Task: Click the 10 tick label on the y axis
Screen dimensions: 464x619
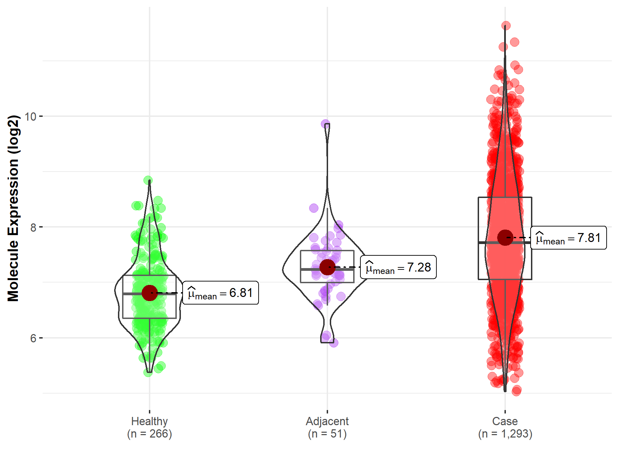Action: point(31,117)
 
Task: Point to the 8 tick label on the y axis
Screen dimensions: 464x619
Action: point(33,227)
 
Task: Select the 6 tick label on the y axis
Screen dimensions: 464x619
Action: point(33,338)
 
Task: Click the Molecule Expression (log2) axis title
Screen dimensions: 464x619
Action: point(13,208)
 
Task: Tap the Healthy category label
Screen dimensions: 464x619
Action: point(149,421)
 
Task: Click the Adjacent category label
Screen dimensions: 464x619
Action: point(327,421)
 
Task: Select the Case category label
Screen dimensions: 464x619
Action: point(505,421)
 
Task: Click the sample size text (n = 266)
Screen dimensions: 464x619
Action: point(149,434)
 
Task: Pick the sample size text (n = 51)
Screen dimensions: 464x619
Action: point(327,434)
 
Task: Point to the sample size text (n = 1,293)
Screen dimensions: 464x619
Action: point(505,434)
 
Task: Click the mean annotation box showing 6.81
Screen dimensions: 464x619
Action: point(220,293)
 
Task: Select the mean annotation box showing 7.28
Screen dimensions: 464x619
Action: point(398,267)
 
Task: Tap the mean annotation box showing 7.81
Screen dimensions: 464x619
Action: point(568,237)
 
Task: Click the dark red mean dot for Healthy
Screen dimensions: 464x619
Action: point(150,293)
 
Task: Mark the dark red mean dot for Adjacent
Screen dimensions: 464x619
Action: point(327,267)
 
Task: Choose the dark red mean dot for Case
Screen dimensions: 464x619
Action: point(505,237)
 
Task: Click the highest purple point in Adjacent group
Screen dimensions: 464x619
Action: point(325,124)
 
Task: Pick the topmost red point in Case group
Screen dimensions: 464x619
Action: point(506,25)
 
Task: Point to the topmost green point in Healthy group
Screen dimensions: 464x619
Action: point(148,180)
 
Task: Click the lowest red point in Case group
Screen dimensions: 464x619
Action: point(516,391)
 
